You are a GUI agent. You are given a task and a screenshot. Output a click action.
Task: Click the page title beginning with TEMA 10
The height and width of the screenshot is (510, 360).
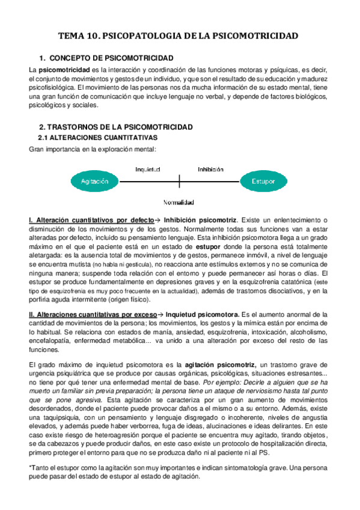click(x=178, y=37)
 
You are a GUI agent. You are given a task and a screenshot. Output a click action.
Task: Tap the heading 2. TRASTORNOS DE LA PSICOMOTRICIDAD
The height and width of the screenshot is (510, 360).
click(x=115, y=127)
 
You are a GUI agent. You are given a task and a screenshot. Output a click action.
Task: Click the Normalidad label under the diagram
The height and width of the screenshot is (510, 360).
click(x=178, y=203)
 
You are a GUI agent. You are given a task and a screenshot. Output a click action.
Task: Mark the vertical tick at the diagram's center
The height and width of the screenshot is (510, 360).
click(x=180, y=180)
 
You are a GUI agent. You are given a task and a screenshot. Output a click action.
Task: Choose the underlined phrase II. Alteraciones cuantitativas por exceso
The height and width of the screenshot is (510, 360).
click(x=93, y=315)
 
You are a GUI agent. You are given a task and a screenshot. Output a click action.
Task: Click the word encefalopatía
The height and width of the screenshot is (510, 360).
click(x=50, y=340)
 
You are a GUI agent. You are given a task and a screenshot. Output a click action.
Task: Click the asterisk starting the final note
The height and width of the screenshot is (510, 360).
click(x=30, y=467)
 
